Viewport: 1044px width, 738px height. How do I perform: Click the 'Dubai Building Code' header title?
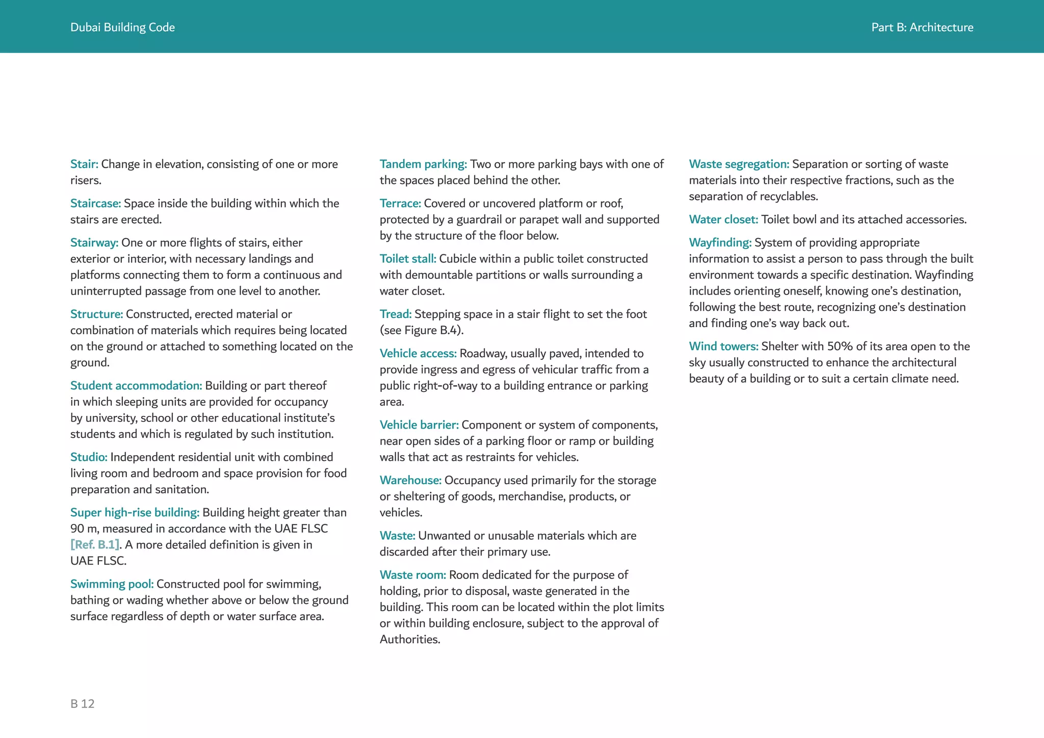tap(122, 28)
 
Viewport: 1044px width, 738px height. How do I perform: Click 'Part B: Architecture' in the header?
tap(922, 28)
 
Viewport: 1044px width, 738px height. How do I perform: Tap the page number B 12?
tap(83, 704)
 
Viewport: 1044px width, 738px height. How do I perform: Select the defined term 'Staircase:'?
tap(95, 203)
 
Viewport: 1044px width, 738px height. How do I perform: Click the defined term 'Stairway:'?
tap(94, 243)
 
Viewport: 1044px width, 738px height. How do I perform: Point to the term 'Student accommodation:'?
tap(136, 385)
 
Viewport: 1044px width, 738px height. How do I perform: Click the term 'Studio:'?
tap(89, 457)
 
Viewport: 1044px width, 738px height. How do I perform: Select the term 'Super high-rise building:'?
tap(135, 512)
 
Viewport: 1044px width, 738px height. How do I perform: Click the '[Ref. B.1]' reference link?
tap(95, 545)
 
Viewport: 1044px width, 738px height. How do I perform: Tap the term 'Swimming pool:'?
tap(112, 584)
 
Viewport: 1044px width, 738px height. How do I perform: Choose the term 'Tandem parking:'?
tap(423, 164)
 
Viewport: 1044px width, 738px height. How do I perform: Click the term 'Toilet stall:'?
tap(408, 259)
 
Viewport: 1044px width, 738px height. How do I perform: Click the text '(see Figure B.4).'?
tap(421, 330)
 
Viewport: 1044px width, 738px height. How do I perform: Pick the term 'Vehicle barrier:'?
tap(419, 425)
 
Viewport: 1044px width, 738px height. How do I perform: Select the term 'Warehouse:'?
tap(410, 480)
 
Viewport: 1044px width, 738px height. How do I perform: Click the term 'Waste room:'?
tap(413, 575)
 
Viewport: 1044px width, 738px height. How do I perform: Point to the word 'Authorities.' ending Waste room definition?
tap(410, 640)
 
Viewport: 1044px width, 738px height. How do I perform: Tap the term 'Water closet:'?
tap(723, 220)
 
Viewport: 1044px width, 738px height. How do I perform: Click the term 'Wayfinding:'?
tap(720, 243)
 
